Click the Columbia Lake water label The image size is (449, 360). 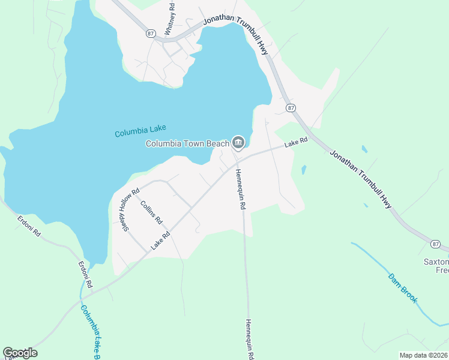(140, 131)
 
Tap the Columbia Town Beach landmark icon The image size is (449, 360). (238, 142)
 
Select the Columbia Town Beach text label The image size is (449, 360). (187, 143)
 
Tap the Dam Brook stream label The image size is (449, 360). (403, 288)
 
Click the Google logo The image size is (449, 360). (20, 353)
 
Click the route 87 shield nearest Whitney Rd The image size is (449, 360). (150, 34)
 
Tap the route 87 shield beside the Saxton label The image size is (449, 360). (435, 244)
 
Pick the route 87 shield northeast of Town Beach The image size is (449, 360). (291, 107)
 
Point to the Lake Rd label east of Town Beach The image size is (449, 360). (296, 143)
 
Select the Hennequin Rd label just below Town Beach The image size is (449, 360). (240, 188)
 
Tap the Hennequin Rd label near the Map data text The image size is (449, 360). (249, 339)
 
